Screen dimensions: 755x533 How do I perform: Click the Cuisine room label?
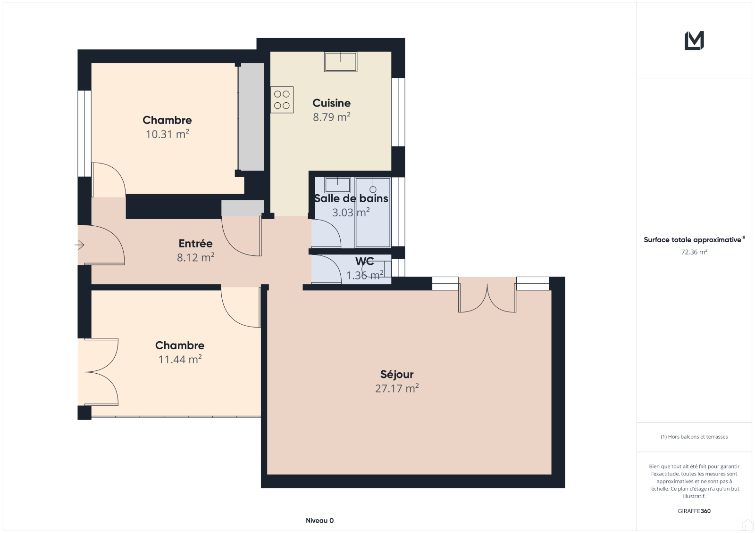(331, 103)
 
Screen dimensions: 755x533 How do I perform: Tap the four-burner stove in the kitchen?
(282, 99)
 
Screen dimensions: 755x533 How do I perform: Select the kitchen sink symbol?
(340, 62)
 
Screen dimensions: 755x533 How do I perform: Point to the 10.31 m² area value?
(167, 134)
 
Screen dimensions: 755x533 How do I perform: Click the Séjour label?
(397, 374)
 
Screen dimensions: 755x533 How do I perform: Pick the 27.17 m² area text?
(397, 388)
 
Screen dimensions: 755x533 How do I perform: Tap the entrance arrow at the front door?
(79, 245)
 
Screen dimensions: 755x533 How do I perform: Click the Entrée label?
(195, 243)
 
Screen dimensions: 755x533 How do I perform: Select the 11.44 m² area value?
(180, 359)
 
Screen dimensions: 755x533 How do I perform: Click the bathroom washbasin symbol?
(337, 185)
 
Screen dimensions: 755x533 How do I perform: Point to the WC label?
(364, 261)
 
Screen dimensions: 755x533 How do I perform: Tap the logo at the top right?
(694, 41)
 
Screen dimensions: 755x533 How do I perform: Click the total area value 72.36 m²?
(694, 252)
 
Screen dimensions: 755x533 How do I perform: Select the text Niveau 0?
(319, 520)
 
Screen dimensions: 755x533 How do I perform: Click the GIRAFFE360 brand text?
(694, 511)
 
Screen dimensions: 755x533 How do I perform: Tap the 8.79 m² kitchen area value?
(332, 117)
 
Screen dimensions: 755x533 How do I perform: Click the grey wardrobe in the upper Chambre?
(251, 116)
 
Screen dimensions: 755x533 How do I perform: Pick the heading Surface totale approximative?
(694, 239)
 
